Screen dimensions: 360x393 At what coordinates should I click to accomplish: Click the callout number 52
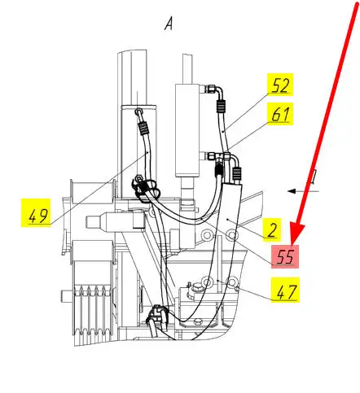[x=280, y=85]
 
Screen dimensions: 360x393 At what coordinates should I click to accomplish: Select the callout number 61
[x=280, y=114]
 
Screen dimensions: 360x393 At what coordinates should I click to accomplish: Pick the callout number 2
[x=272, y=229]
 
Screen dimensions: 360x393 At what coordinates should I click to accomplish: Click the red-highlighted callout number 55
[x=285, y=257]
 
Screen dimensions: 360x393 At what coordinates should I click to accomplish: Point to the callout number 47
[x=286, y=292]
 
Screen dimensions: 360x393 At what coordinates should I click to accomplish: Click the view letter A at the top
[x=169, y=24]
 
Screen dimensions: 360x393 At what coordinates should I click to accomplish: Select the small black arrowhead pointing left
[x=292, y=191]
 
